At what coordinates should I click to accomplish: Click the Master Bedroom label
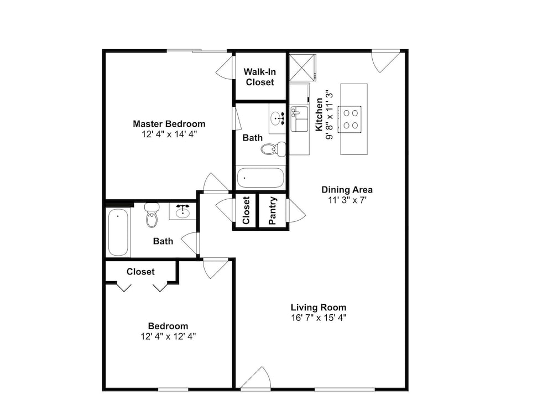pos(169,124)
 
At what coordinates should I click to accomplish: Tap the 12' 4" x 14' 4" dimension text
pos(169,134)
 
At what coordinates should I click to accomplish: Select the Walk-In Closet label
pos(260,77)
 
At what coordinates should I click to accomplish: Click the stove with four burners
pos(350,120)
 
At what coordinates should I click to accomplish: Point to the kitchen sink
pos(299,118)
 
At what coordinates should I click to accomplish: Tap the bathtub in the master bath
pos(260,178)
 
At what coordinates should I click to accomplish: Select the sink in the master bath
pos(277,118)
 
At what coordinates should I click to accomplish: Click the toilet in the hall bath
pos(152,215)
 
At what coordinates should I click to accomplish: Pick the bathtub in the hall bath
pos(118,232)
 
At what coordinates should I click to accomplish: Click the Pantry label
pos(272,211)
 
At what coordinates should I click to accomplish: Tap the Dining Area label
pos(347,190)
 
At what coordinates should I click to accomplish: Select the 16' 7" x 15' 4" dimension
pos(319,318)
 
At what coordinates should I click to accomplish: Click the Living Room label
pos(319,307)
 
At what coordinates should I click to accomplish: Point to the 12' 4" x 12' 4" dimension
pos(168,336)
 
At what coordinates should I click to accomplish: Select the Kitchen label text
pos(319,115)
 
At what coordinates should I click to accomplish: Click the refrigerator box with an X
pos(302,68)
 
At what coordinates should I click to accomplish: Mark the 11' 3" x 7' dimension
pos(347,200)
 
